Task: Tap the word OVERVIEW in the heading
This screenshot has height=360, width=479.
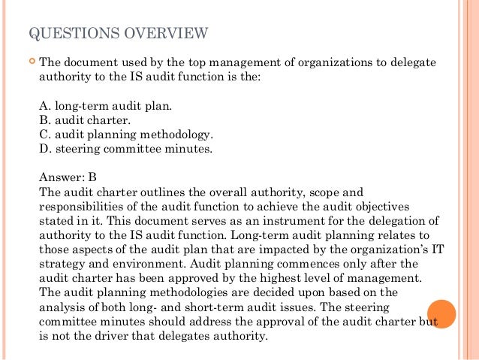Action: click(166, 33)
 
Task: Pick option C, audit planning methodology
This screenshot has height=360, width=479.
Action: click(125, 135)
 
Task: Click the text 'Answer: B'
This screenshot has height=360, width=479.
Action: click(68, 177)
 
